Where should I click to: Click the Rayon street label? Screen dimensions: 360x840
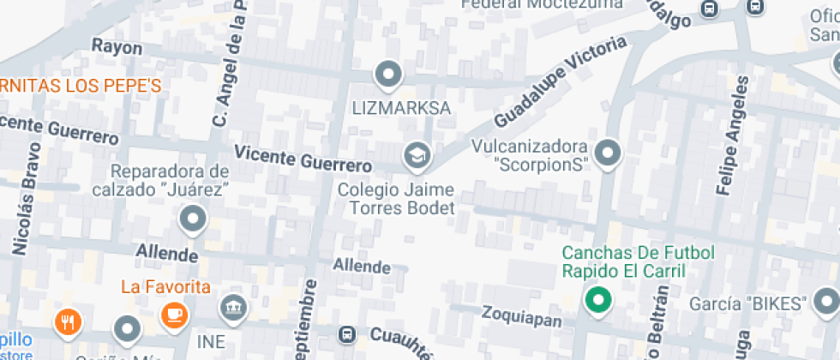coord(117,47)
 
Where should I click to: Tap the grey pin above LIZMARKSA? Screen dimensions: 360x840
coord(389,74)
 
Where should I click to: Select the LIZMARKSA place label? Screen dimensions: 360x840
coord(402,109)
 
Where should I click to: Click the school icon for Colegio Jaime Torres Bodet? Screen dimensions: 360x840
coord(417,155)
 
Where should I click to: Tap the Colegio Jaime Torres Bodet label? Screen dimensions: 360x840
coord(396,198)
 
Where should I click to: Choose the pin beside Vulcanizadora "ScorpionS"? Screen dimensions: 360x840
coord(608,153)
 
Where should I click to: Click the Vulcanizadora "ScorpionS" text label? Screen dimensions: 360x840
coord(530,155)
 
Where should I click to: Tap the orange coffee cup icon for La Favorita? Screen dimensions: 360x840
coord(174,314)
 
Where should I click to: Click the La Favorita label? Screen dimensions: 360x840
coord(165,285)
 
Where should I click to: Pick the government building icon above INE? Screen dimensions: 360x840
coord(232,307)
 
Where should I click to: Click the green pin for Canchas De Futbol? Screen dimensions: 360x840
coord(598,300)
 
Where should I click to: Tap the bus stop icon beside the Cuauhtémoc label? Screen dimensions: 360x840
coord(347,334)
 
